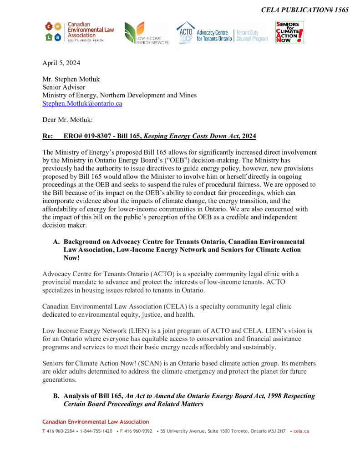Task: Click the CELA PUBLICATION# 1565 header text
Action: [304, 10]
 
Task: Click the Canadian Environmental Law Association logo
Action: [79, 32]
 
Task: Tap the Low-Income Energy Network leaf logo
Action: [146, 33]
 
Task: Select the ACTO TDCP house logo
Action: [185, 32]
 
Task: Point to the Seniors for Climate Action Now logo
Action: [289, 32]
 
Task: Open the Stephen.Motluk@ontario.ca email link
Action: [82, 103]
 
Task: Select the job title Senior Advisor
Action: [64, 87]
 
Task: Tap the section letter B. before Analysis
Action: [56, 396]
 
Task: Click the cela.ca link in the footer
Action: [301, 431]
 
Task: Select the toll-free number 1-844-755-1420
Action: [96, 431]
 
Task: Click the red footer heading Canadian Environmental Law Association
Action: [96, 422]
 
